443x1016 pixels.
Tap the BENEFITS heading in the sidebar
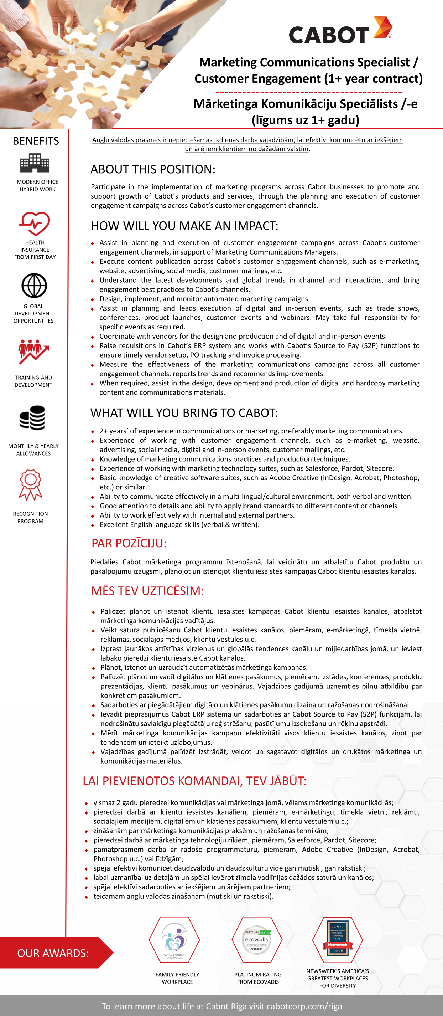tap(36, 141)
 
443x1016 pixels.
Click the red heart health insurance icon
tap(35, 223)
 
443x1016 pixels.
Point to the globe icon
tap(34, 286)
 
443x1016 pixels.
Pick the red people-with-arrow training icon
tap(33, 351)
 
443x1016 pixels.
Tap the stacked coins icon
tap(33, 418)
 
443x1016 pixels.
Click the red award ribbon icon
tap(31, 485)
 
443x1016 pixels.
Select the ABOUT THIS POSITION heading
tap(153, 169)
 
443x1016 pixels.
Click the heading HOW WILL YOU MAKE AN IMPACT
tap(184, 226)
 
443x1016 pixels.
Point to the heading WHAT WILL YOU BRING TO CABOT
tap(184, 412)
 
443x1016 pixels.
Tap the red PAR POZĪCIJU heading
tap(129, 543)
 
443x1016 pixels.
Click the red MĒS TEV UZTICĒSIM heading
tap(147, 591)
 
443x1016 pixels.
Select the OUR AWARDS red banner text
tap(53, 953)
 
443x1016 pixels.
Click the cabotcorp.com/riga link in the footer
tap(304, 1006)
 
